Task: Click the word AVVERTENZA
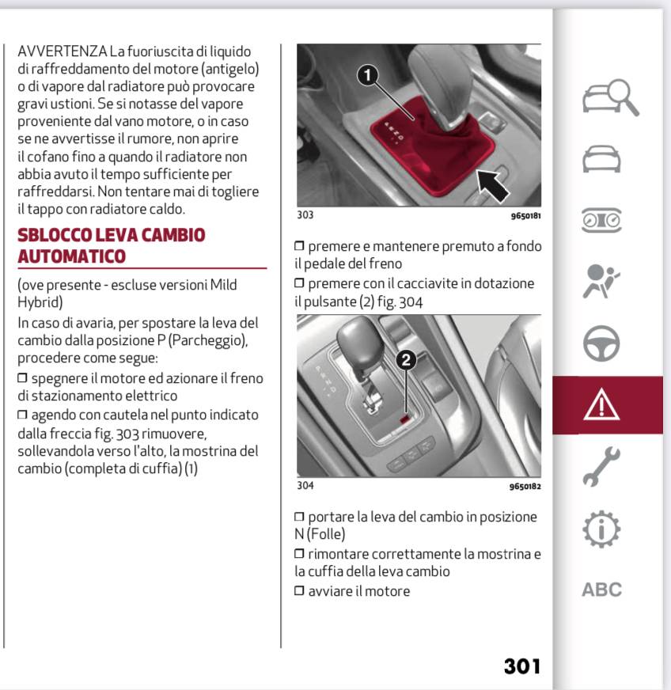62,51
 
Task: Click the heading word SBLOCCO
54,235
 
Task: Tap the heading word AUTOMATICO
71,256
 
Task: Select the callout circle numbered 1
366,76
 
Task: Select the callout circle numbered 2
405,360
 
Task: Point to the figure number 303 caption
305,214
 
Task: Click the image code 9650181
525,215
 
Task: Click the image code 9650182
525,487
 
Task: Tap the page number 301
522,666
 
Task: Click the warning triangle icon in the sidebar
602,405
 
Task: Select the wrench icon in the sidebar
602,466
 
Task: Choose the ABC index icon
602,590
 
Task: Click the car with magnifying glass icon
608,99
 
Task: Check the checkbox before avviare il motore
299,591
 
